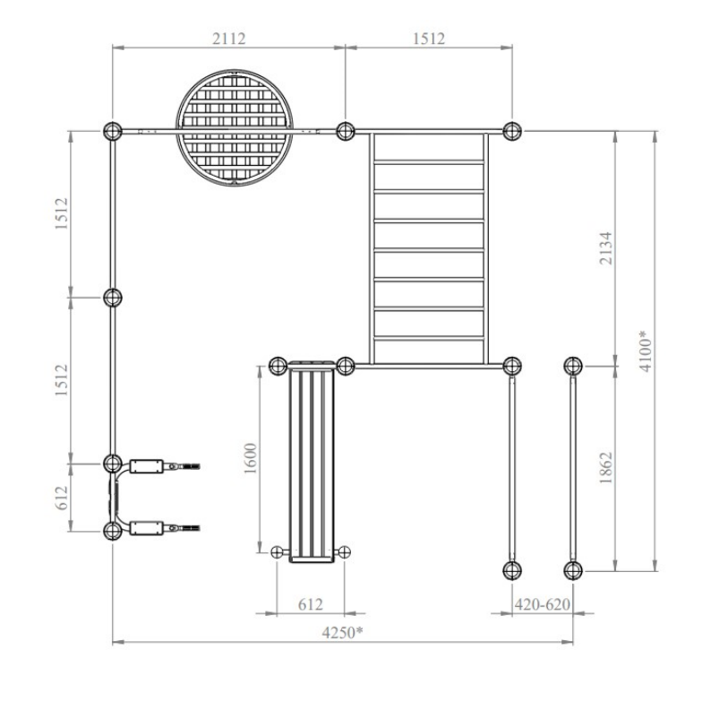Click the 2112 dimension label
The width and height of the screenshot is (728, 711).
point(229,39)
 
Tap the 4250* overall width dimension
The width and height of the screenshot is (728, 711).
point(342,632)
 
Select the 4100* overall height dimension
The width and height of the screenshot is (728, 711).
point(646,351)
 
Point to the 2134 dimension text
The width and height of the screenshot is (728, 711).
point(605,248)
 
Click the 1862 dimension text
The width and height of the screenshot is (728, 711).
point(605,468)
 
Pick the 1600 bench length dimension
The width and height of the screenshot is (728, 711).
point(250,458)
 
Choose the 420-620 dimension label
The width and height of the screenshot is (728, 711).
point(543,604)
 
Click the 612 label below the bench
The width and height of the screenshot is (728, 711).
point(310,604)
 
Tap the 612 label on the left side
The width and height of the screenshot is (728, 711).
point(62,497)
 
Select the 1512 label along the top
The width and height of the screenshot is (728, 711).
point(429,39)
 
